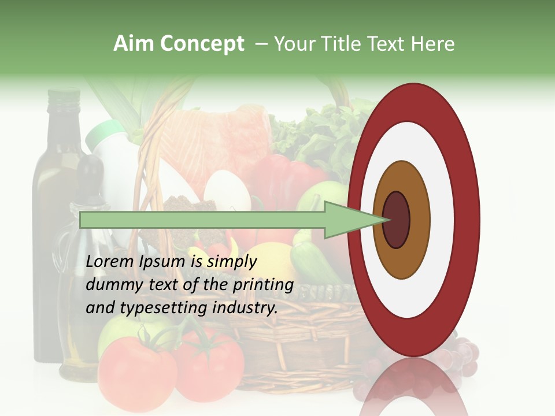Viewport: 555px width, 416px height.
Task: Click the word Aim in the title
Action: [134, 44]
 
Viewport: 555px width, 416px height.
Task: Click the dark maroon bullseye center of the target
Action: [397, 220]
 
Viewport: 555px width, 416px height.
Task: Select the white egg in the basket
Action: [227, 191]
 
